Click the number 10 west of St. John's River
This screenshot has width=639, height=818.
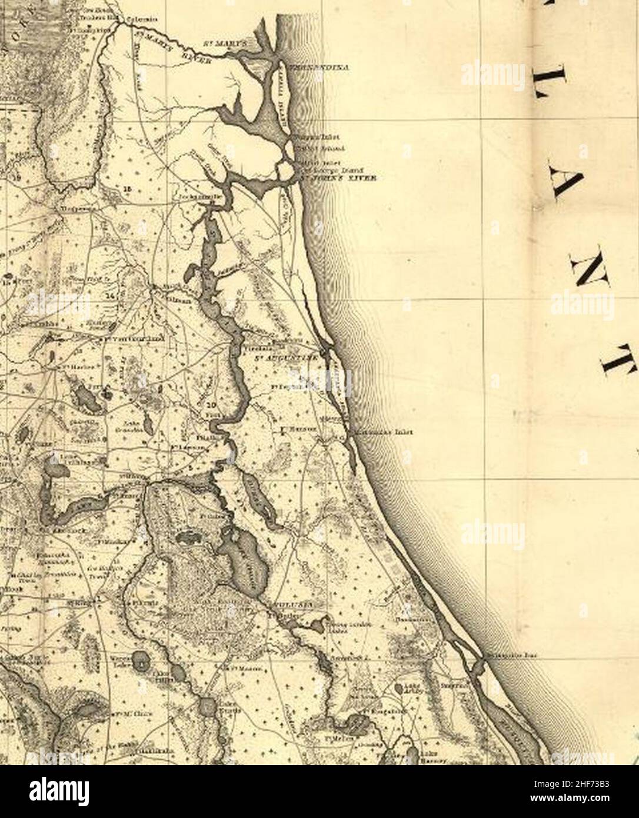tap(211, 405)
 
